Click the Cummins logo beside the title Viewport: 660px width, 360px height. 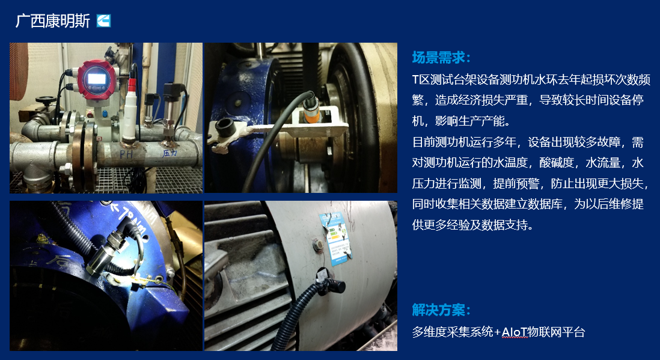103,20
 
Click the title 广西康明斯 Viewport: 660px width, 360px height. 53,20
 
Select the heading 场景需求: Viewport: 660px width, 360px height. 441,57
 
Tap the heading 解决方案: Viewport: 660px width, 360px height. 441,310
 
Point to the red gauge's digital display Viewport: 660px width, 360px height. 96,79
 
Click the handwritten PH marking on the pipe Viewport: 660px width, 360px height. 126,154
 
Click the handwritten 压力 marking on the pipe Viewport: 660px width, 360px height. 170,153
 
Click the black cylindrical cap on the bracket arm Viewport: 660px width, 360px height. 224,125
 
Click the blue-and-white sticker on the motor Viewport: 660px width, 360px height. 335,238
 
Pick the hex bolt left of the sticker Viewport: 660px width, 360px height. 318,245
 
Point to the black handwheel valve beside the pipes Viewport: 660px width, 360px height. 46,100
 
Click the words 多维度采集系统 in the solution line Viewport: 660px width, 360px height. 453,332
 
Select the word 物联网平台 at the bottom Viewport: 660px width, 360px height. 557,332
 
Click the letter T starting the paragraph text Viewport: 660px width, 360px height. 415,79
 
